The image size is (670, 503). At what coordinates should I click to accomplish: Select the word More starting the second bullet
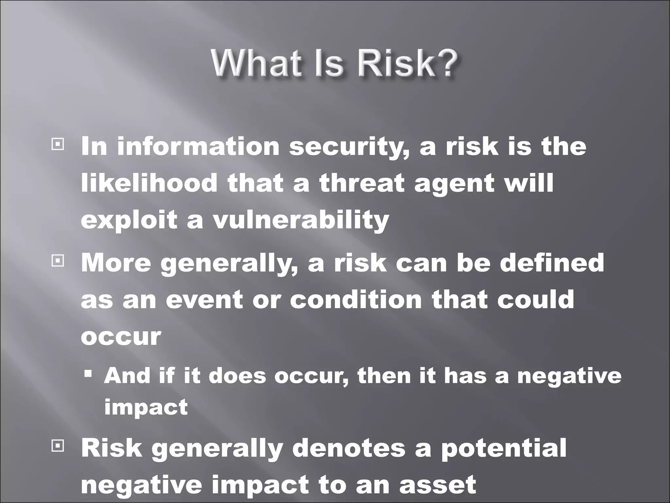point(116,263)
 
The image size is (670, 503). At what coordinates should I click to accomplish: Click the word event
point(204,299)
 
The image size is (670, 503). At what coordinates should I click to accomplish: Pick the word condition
point(356,299)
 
